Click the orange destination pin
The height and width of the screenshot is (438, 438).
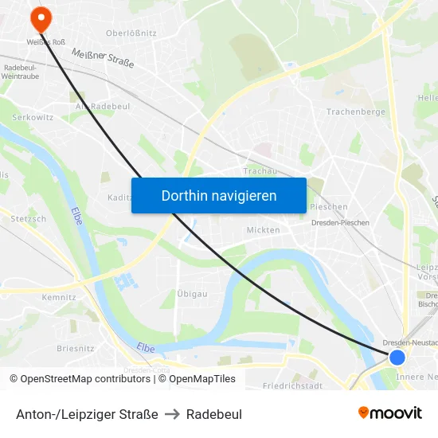[38, 18]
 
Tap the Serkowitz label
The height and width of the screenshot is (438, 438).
[33, 117]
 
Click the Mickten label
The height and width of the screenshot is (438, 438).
[263, 230]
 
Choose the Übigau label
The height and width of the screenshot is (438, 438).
[192, 294]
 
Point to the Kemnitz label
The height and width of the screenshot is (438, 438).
[59, 297]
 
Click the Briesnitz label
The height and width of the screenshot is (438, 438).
[76, 348]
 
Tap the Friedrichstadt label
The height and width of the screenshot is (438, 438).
[292, 386]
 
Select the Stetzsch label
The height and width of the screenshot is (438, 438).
[28, 218]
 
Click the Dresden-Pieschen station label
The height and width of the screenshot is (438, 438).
[338, 223]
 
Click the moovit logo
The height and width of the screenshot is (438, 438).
[389, 413]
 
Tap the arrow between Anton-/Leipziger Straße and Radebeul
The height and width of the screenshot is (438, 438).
[172, 414]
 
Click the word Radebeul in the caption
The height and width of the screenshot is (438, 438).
[214, 414]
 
